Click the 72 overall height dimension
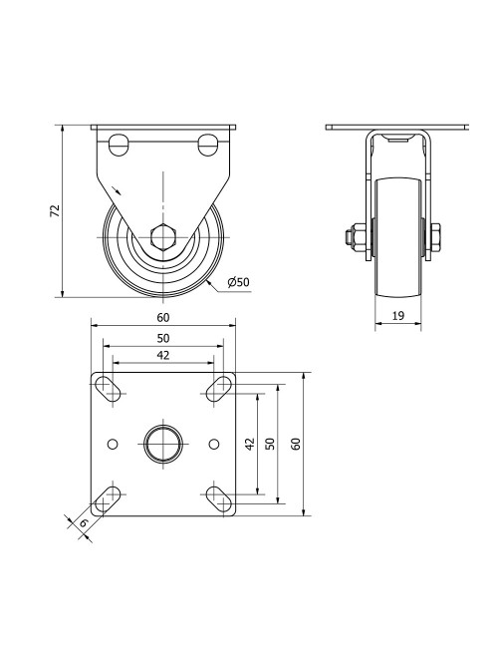tap(55, 210)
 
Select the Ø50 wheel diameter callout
tap(239, 282)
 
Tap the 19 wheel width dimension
tap(397, 316)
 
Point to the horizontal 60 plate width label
tap(163, 317)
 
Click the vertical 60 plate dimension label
tap(296, 444)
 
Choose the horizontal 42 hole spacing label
tap(163, 355)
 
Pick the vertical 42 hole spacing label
tap(250, 444)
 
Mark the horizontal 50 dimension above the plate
tap(163, 338)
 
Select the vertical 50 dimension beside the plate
tap(269, 444)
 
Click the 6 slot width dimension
tap(84, 522)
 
